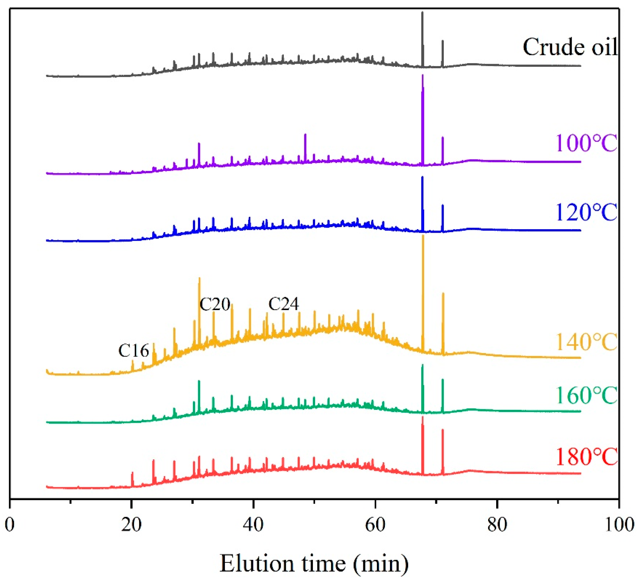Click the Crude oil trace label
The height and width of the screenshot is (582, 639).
570,47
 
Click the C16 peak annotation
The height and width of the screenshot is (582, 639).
133,351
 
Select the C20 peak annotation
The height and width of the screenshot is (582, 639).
215,304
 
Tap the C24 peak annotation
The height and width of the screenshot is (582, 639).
283,304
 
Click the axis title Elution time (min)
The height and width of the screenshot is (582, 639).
314,564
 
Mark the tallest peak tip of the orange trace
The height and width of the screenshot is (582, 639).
423,236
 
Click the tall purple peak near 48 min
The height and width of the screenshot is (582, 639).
305,135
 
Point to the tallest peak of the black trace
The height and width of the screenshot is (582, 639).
422,12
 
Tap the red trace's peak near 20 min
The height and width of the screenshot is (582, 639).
132,473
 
